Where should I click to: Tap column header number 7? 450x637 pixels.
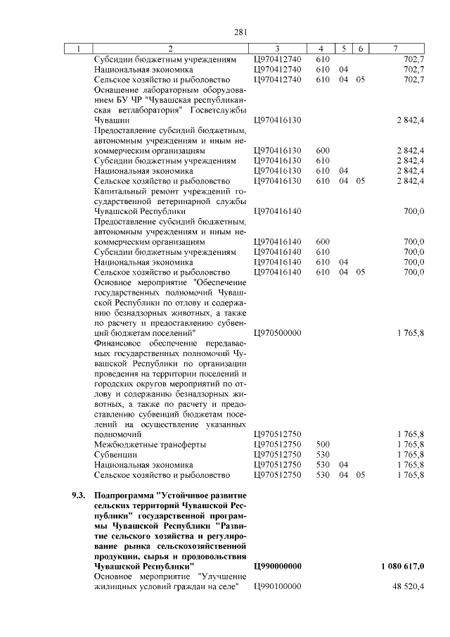point(396,49)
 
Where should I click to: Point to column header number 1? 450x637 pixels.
point(78,49)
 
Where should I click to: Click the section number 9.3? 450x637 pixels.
point(79,496)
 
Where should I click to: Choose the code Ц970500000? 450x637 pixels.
point(277,332)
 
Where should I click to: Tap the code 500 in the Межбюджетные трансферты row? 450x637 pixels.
point(323,445)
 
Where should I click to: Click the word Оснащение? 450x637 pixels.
point(117,89)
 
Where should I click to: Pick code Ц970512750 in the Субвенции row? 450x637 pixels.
point(277,455)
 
